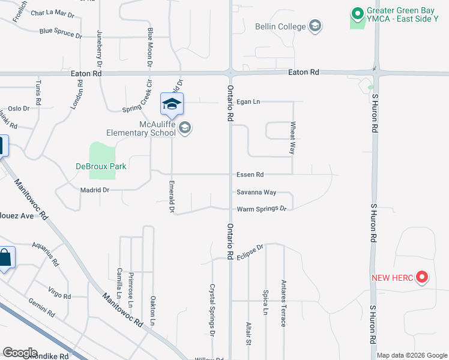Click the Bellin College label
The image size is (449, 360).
280,26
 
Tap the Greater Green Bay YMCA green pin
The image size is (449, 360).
358,13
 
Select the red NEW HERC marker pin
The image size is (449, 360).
421,277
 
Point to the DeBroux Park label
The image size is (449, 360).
101,166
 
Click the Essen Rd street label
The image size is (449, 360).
250,175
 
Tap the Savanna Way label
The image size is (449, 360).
256,193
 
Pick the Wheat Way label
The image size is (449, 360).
293,138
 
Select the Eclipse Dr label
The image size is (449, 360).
251,250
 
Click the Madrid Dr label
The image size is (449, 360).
94,190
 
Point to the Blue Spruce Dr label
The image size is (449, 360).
61,33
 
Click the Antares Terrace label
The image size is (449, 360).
283,302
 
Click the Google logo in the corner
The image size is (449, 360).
20,353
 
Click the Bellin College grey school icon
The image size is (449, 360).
315,26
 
